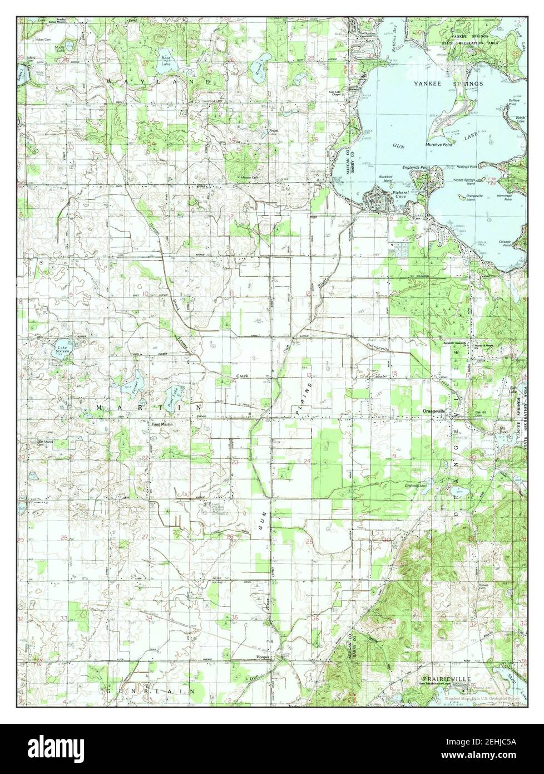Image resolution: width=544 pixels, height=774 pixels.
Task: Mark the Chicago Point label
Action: pos(505,243)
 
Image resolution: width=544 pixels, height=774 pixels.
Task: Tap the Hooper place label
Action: pos(262,657)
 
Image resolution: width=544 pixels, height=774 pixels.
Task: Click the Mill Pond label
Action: pos(503,430)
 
